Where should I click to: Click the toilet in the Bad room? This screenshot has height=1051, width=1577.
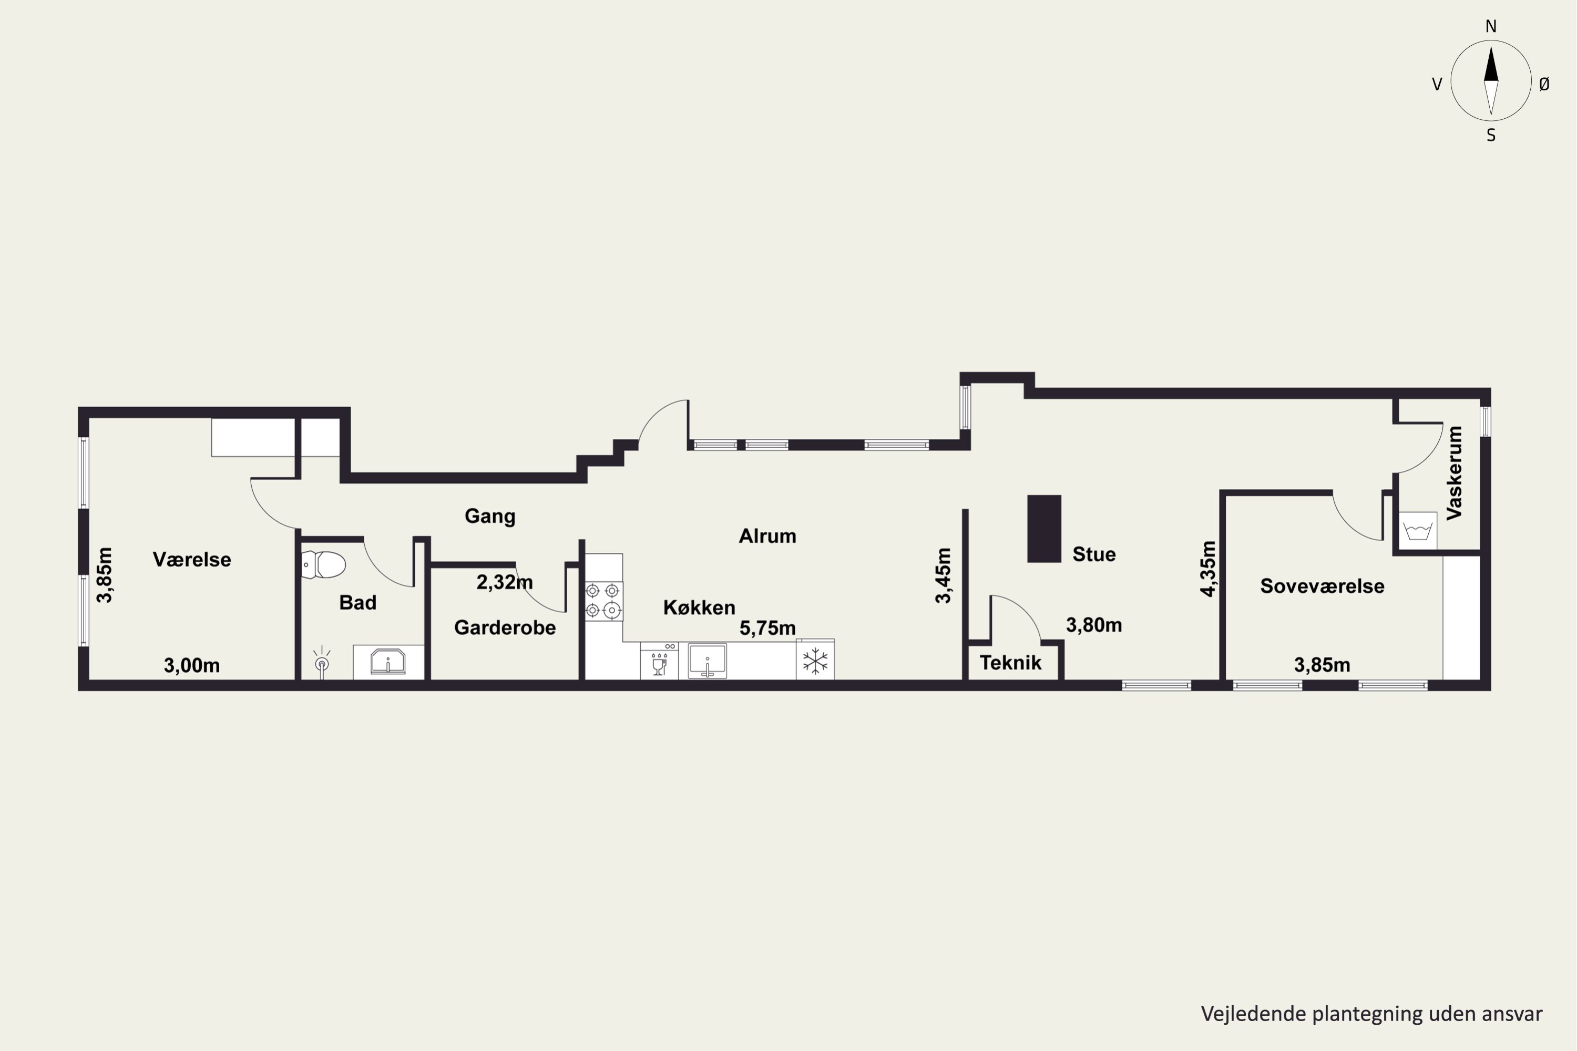click(323, 564)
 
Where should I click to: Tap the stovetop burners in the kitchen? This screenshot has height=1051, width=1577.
click(603, 601)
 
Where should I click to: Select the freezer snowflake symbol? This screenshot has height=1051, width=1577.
click(815, 661)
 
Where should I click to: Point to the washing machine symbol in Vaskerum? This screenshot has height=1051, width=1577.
click(1417, 531)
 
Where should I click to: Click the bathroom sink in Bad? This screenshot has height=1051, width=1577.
click(388, 662)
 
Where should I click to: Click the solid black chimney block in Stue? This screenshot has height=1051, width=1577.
click(1044, 528)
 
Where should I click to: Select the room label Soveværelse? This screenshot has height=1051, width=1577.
click(1322, 586)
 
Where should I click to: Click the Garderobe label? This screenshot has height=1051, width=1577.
click(505, 627)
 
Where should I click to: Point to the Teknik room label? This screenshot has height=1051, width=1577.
click(1010, 663)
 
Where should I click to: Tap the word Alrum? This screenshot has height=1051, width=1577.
click(767, 535)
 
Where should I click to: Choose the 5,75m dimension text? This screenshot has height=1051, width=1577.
click(767, 628)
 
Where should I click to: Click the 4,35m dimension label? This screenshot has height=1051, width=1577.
click(1207, 569)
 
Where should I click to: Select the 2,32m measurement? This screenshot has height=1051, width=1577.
click(505, 582)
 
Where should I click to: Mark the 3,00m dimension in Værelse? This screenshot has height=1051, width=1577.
click(192, 666)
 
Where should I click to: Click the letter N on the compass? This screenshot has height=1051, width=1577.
click(1491, 26)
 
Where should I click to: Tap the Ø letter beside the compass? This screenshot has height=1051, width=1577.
click(1544, 84)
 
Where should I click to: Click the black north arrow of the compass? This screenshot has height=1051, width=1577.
click(1491, 64)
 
